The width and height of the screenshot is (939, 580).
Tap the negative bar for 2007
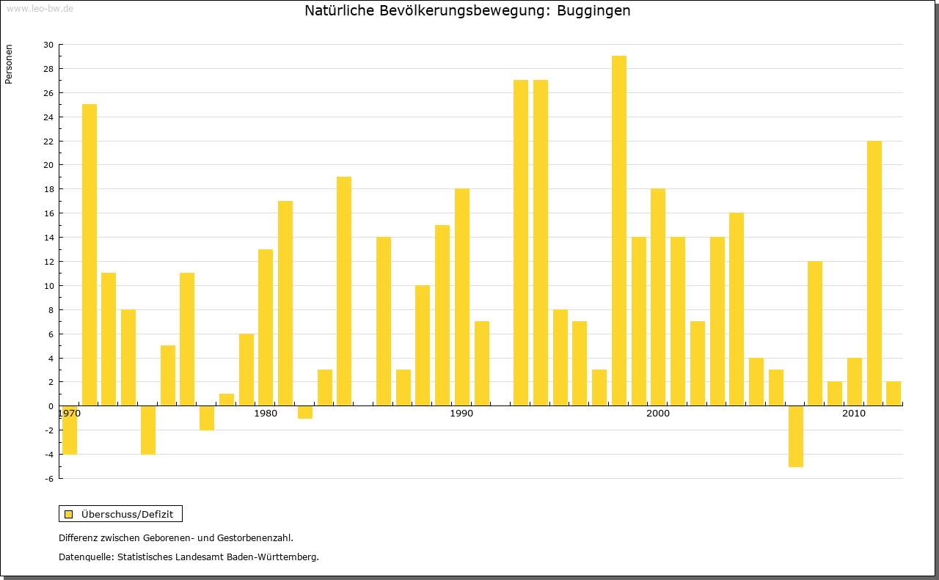795,436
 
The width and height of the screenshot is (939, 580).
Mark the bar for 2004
737,309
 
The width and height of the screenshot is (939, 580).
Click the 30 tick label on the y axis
48,45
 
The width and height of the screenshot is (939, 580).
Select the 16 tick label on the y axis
48,213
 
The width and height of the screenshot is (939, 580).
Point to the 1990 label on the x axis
461,414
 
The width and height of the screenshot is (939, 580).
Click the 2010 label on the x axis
854,414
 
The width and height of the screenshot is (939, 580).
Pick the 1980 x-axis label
266,414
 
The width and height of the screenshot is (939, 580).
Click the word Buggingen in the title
593,11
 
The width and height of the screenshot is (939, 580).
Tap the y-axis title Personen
9,65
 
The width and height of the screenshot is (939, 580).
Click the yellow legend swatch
69,514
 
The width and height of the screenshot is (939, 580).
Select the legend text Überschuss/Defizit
128,514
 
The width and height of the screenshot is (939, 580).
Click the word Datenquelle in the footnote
85,557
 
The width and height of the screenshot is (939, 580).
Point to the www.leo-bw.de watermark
40,8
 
